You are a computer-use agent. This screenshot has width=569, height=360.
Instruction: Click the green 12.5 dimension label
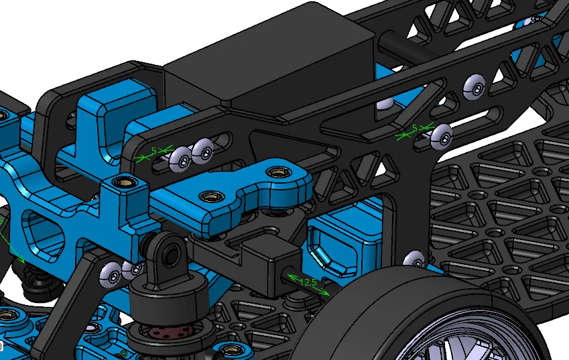pyautogui.click(x=308, y=282)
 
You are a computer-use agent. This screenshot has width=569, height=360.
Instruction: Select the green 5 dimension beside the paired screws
pyautogui.click(x=154, y=151)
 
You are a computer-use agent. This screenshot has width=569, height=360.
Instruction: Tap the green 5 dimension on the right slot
pyautogui.click(x=415, y=128)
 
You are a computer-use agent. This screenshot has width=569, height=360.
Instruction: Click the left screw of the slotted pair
pyautogui.click(x=180, y=160)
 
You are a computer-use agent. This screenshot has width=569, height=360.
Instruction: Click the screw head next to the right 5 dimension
pyautogui.click(x=442, y=136)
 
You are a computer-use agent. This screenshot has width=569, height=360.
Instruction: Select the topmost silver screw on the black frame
pyautogui.click(x=475, y=87)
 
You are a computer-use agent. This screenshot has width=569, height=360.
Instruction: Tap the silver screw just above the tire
pyautogui.click(x=414, y=259)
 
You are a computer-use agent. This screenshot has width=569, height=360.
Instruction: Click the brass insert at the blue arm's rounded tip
pyautogui.click(x=278, y=172)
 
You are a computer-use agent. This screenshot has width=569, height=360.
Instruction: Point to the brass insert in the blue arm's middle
pyautogui.click(x=212, y=196)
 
